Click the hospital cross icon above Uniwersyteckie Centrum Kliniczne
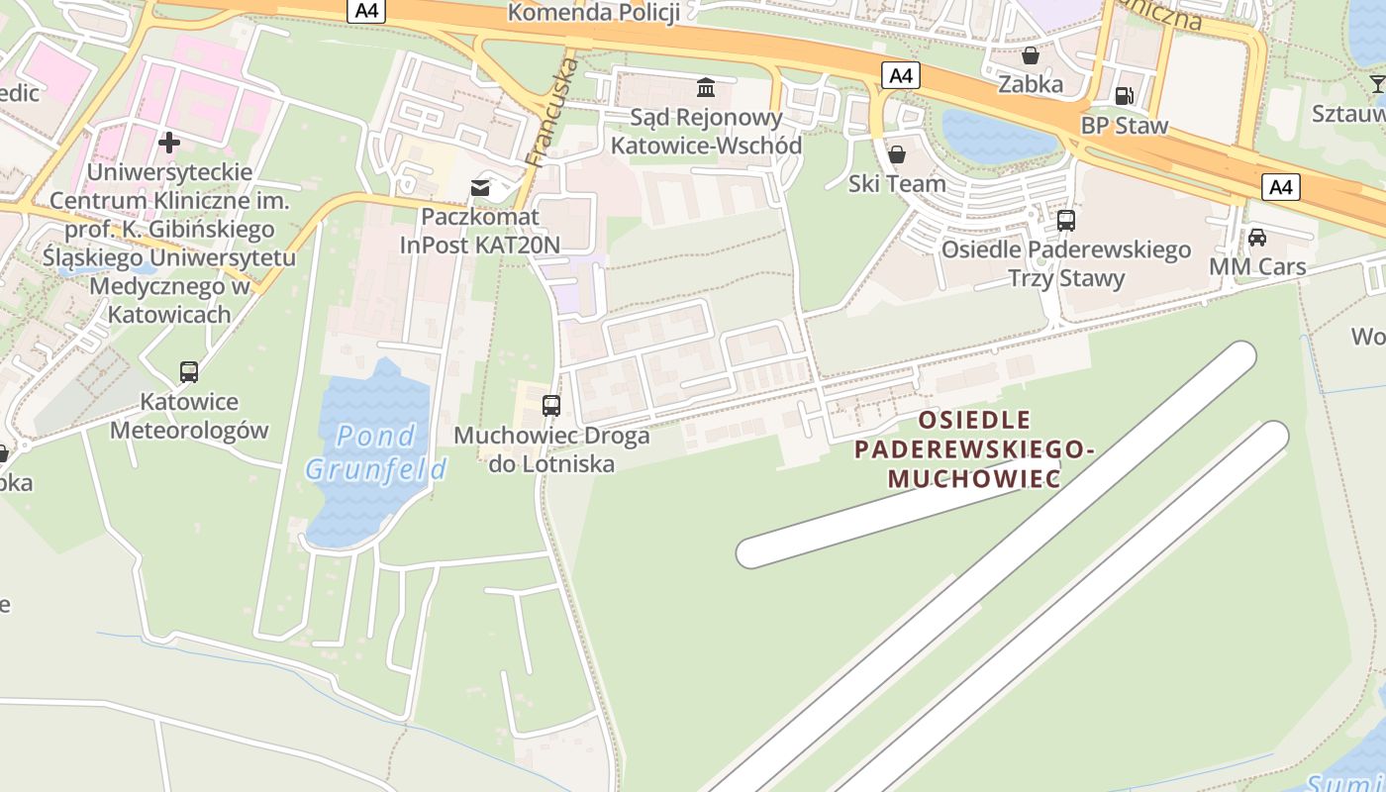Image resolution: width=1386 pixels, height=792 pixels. [x=169, y=142]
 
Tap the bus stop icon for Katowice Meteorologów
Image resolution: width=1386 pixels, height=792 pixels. [x=188, y=372]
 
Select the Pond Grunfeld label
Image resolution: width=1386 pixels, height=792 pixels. [x=376, y=451]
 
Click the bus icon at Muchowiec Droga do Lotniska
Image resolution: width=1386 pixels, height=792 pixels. [x=551, y=405]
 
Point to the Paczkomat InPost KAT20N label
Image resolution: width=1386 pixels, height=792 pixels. [x=480, y=230]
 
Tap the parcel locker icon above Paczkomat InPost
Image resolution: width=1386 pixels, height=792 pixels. [x=480, y=187]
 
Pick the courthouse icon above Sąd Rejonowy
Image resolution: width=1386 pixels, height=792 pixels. [x=706, y=88]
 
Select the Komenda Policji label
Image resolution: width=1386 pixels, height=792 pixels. [x=592, y=12]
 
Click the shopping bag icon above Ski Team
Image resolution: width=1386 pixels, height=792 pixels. [x=897, y=154]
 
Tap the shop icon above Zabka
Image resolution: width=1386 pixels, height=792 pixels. [x=1030, y=55]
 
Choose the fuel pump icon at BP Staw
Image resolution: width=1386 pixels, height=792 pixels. [x=1124, y=96]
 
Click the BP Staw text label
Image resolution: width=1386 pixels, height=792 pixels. [x=1124, y=126]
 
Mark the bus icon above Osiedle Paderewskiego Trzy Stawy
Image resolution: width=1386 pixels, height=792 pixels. [x=1066, y=220]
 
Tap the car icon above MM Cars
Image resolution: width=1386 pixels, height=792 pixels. [x=1257, y=238]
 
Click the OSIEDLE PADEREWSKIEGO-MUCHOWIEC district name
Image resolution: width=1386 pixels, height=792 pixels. [x=974, y=449]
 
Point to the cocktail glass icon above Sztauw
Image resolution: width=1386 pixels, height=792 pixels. [x=1377, y=83]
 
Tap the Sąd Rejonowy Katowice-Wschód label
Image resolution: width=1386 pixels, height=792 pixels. [x=706, y=131]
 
